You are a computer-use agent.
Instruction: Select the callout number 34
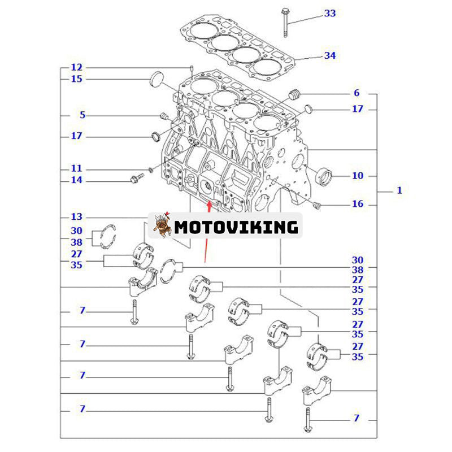(x=330, y=55)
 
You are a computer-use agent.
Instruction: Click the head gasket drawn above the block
(x=237, y=48)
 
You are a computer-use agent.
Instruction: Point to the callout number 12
(x=76, y=67)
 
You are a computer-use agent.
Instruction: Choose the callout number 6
(x=357, y=93)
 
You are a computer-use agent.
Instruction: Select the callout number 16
(x=358, y=204)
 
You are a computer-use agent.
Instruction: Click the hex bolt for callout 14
(x=136, y=180)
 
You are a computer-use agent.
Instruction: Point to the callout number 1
(x=399, y=190)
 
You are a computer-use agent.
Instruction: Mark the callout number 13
(x=76, y=216)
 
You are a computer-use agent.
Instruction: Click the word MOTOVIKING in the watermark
(x=236, y=227)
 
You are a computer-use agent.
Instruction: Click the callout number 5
(x=82, y=115)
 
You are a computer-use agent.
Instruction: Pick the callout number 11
(x=76, y=168)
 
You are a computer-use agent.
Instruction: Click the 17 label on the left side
(x=76, y=136)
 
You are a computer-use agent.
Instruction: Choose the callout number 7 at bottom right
(x=357, y=418)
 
